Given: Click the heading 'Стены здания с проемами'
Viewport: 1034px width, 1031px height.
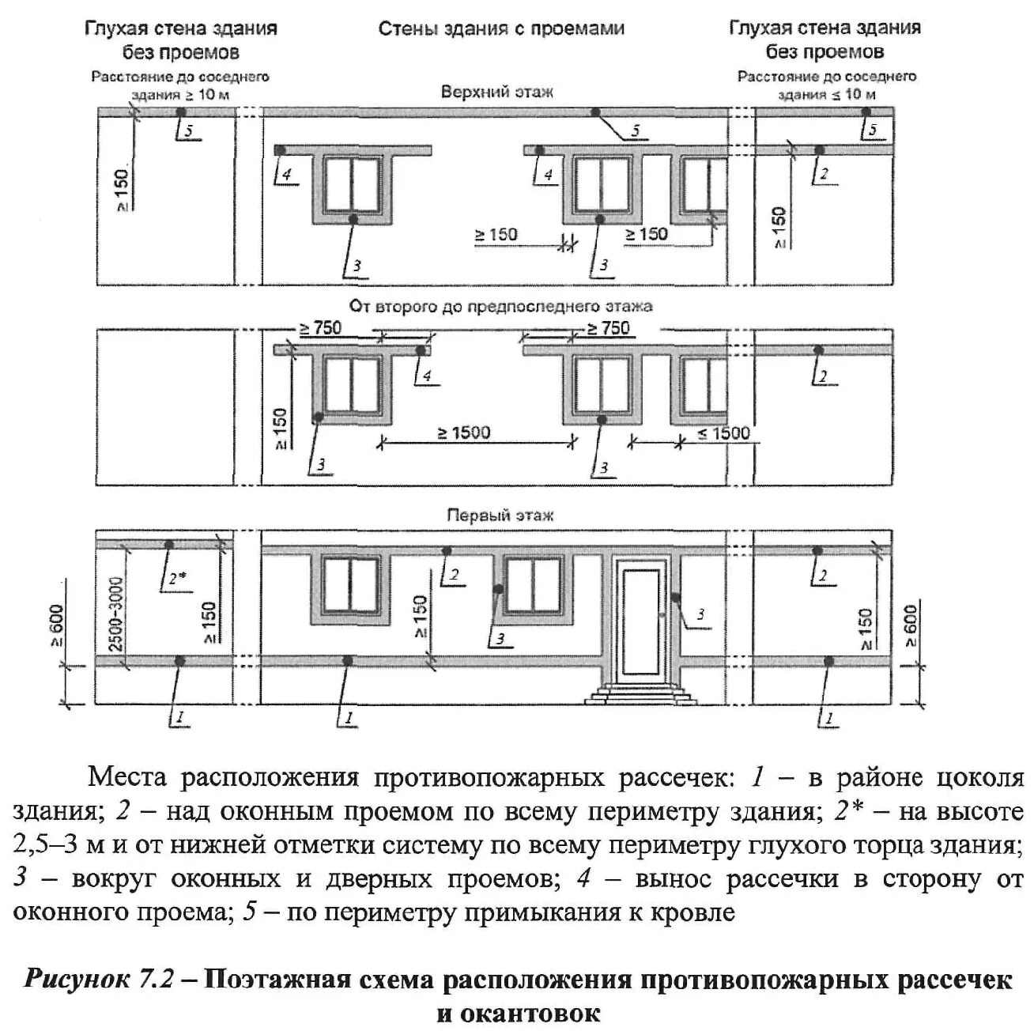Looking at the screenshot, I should (x=501, y=29).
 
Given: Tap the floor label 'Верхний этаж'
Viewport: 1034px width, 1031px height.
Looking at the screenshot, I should (x=496, y=92).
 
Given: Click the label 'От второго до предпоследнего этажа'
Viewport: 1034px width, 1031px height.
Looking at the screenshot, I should (x=501, y=306).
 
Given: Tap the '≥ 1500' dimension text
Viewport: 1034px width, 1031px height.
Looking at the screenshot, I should (x=465, y=432).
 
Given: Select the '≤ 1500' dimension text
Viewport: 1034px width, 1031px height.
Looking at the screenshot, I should (x=723, y=433).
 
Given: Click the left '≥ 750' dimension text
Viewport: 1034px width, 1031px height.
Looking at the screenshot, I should (x=320, y=327).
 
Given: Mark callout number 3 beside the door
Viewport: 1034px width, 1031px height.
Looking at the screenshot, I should (x=699, y=614).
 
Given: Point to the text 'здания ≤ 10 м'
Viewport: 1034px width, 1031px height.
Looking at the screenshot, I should (x=826, y=94).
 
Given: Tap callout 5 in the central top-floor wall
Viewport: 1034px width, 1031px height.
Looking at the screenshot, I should (x=636, y=131).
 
